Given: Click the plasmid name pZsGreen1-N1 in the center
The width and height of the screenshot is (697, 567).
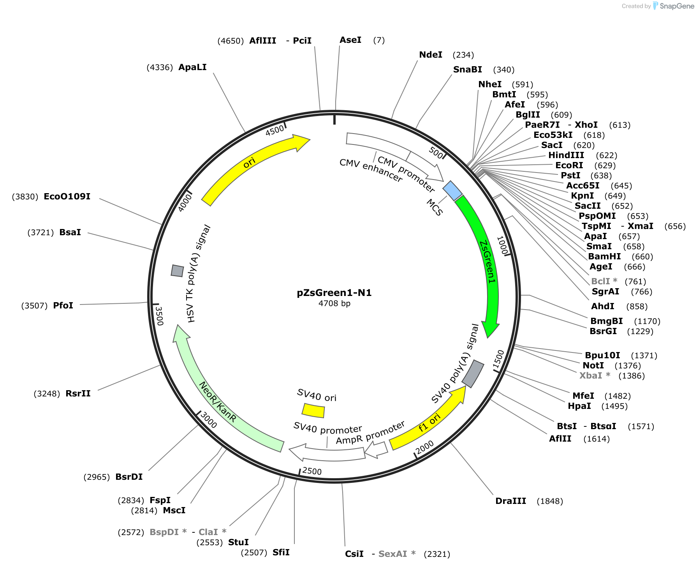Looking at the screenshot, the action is (334, 293).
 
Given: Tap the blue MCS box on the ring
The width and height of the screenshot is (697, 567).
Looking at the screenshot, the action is (452, 191).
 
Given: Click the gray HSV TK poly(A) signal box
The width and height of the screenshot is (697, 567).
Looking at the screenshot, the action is (178, 271).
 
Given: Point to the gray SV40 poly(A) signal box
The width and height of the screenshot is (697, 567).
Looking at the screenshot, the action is (473, 374).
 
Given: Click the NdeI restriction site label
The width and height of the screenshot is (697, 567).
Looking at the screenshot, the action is (431, 55).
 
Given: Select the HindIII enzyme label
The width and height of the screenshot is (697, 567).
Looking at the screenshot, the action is (566, 155).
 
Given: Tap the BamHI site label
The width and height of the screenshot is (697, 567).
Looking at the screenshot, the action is (604, 256).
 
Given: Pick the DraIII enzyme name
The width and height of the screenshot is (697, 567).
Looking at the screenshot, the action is (510, 501).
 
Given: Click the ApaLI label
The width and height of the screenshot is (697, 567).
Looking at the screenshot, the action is (192, 67).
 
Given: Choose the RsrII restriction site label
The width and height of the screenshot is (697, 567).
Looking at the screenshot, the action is (78, 393).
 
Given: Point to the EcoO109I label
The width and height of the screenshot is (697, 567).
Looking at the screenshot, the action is (67, 196).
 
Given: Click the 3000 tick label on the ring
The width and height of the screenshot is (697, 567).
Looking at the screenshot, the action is (208, 421).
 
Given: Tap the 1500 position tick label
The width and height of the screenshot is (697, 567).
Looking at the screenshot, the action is (498, 359).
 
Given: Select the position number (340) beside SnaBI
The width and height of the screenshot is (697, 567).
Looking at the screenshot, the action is (504, 70).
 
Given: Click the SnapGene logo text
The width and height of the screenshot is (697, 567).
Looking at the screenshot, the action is (677, 6).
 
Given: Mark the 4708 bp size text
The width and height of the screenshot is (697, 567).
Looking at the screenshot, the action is (334, 303).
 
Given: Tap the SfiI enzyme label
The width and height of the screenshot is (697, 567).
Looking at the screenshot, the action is (281, 552).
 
